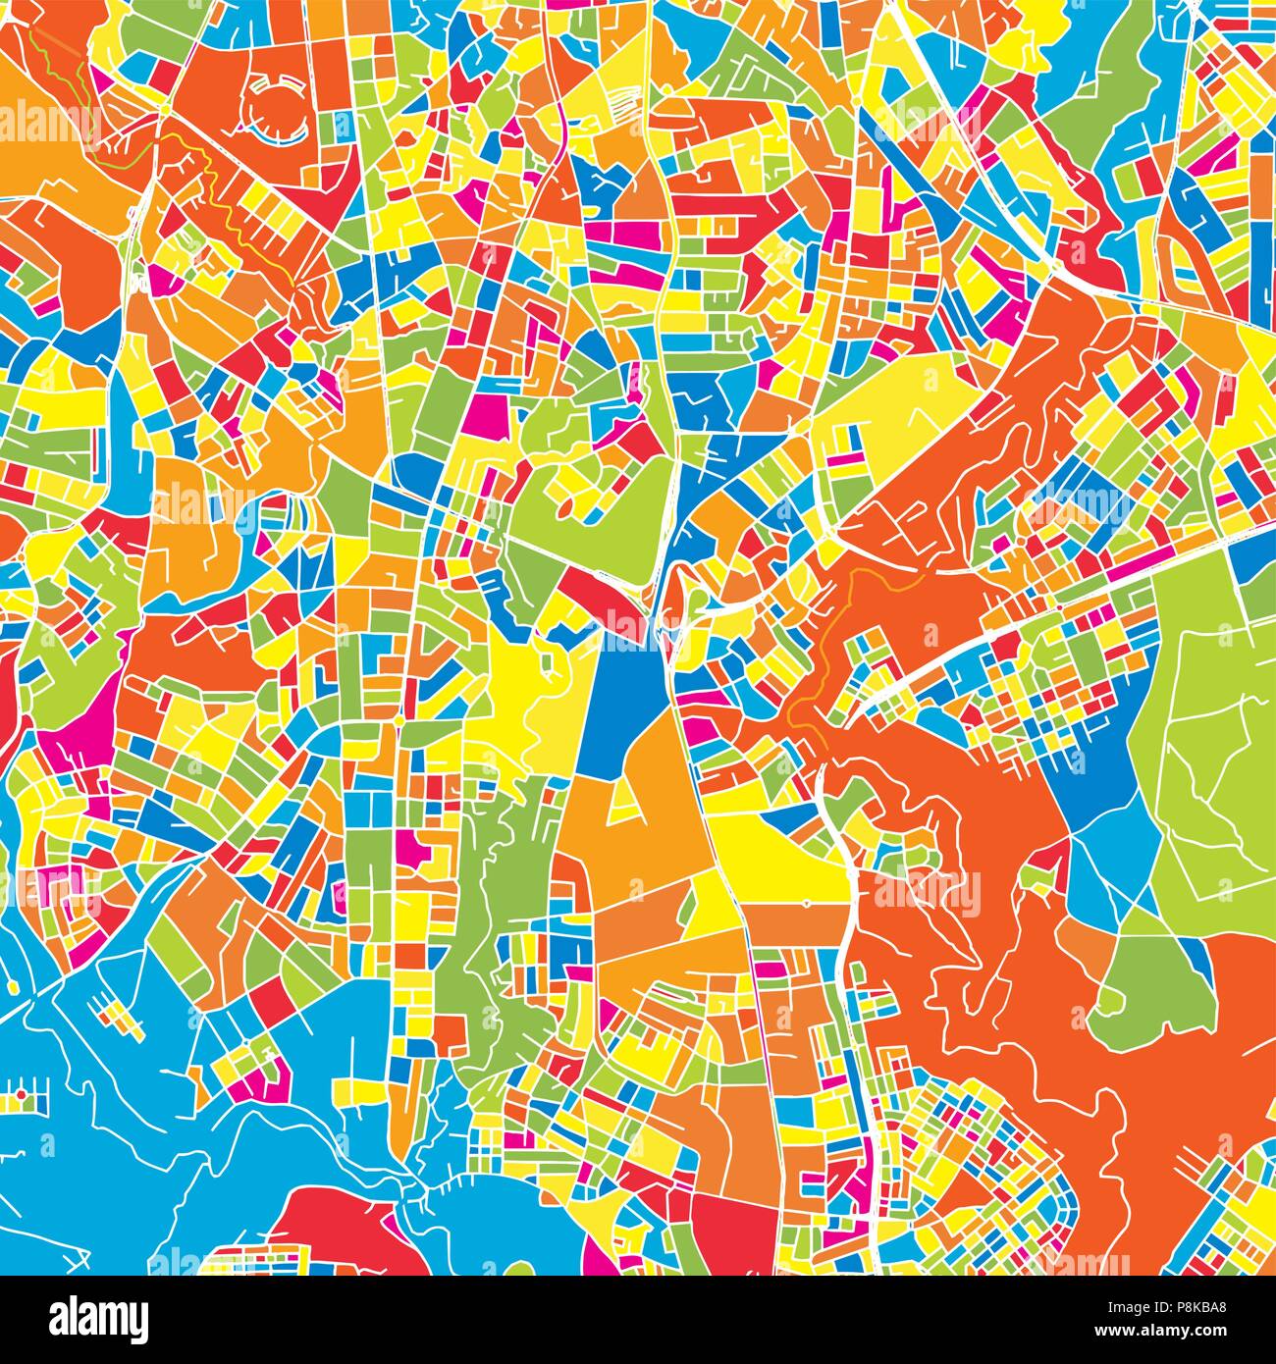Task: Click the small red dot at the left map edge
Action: click(x=20, y=1092)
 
